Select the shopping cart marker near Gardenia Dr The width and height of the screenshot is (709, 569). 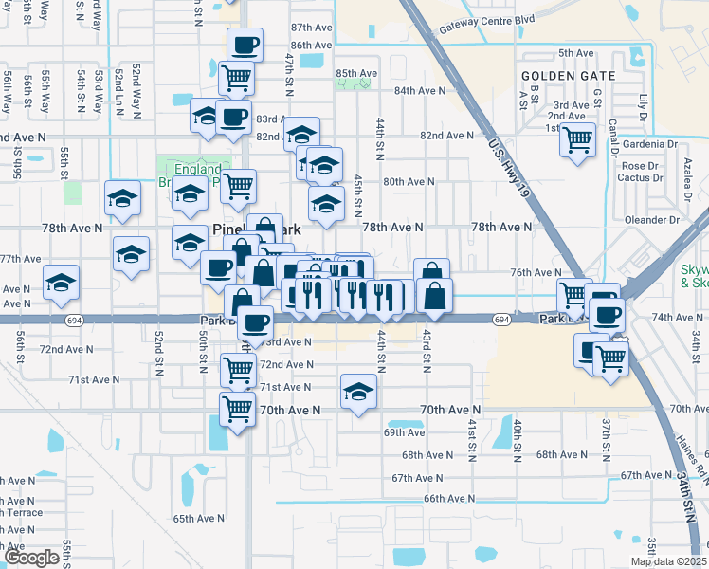click(577, 140)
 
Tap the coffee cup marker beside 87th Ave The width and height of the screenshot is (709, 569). click(245, 45)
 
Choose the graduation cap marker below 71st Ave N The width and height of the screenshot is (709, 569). click(358, 391)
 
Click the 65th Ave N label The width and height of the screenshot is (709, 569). click(199, 519)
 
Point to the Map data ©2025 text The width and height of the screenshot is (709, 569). click(668, 561)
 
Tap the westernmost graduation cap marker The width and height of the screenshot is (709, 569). click(62, 282)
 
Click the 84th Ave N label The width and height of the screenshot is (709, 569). click(420, 90)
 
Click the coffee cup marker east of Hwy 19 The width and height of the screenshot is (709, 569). click(604, 312)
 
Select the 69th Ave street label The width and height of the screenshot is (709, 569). click(404, 432)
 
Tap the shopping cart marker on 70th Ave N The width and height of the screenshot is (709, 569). click(237, 410)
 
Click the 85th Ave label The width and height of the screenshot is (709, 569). click(356, 73)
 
